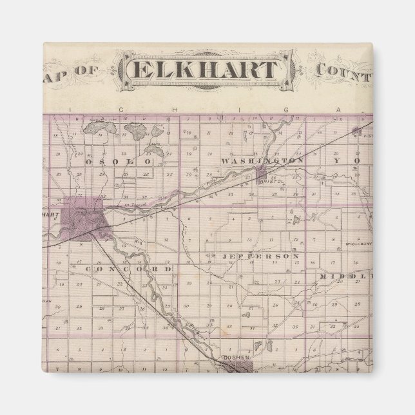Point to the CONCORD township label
pos(129,268)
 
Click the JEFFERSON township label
pos(260,256)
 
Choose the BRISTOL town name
pos(267,182)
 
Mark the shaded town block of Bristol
pos(262,172)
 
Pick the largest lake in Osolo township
pos(137,134)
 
